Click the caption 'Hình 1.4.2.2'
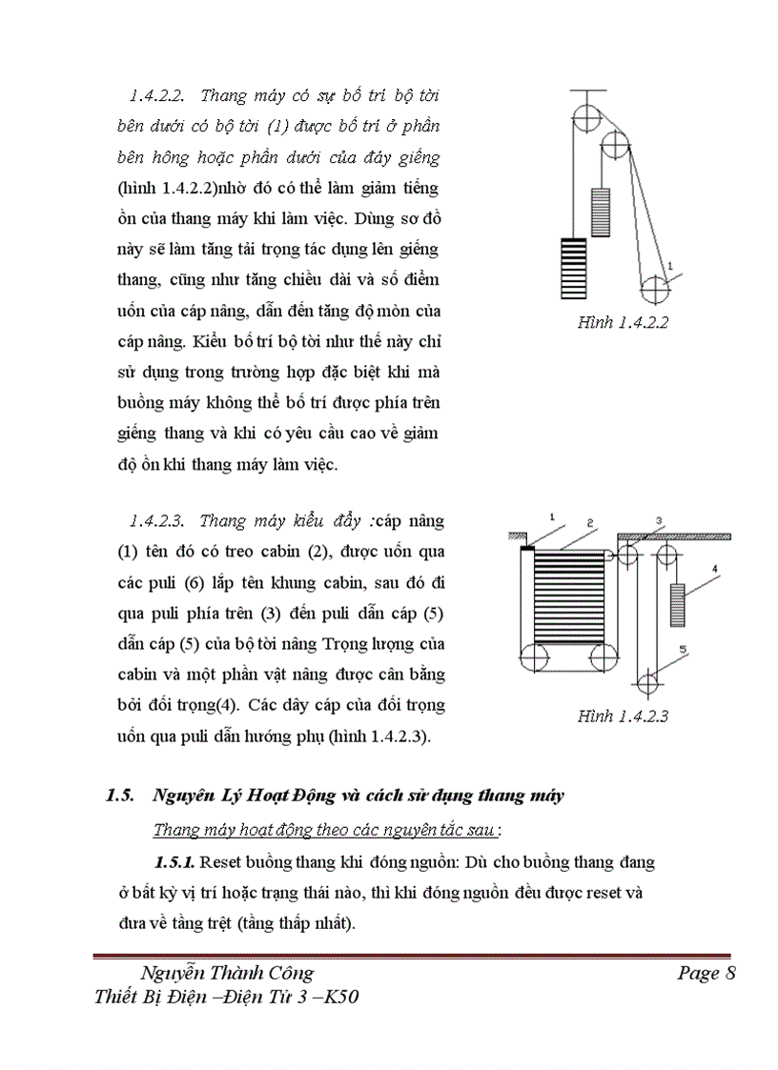(x=623, y=322)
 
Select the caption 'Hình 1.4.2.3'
(x=623, y=717)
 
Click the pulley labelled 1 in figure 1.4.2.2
(x=655, y=288)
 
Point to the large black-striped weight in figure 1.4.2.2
(x=572, y=268)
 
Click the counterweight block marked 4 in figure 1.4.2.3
(x=677, y=603)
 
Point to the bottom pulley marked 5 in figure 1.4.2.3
(x=646, y=682)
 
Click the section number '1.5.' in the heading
(x=122, y=797)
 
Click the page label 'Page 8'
(x=706, y=973)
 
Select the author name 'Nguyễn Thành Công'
(x=227, y=973)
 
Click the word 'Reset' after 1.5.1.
(x=224, y=862)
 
